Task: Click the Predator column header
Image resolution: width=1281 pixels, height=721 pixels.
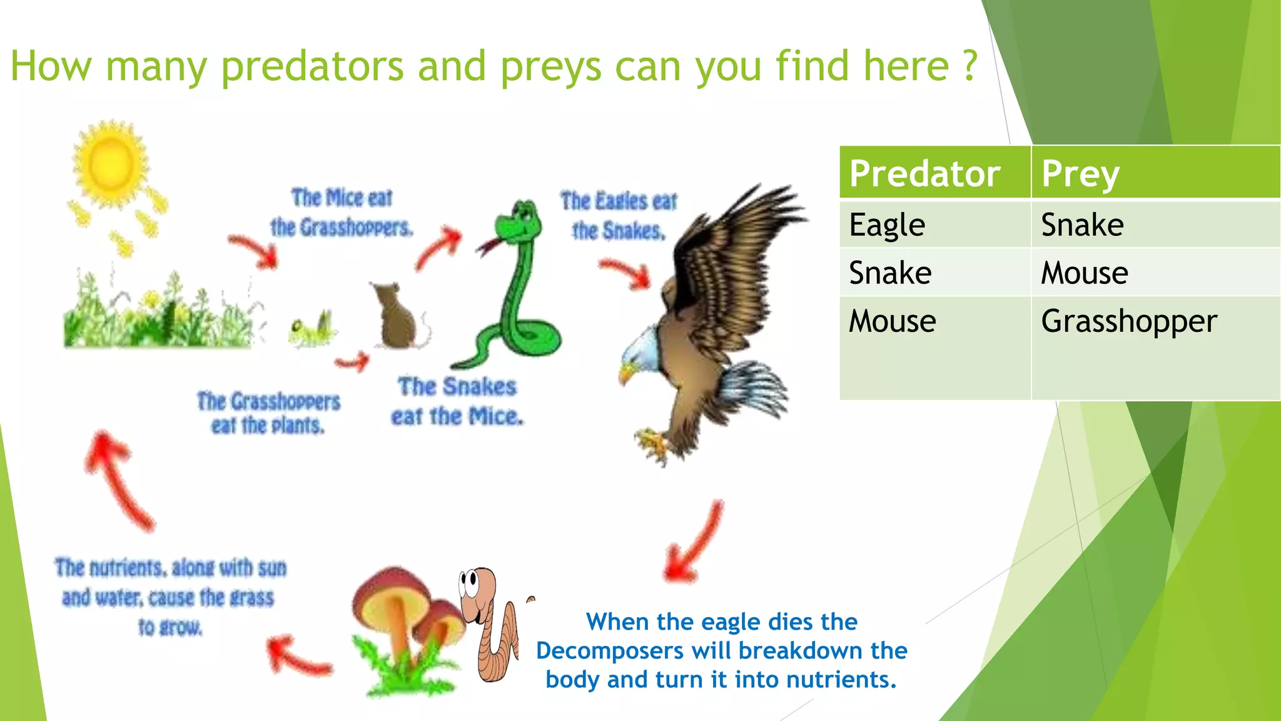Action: pos(924,173)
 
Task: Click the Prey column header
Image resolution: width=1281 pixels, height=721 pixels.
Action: pos(1080,173)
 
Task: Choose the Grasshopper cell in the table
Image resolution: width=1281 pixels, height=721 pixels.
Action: pos(1128,321)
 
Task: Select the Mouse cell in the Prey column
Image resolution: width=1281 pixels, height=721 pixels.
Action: pos(1084,273)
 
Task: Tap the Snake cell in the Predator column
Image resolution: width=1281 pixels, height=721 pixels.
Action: pos(890,273)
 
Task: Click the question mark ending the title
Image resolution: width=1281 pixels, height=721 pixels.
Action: pos(969,65)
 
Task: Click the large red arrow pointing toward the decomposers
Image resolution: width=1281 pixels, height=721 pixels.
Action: pos(694,545)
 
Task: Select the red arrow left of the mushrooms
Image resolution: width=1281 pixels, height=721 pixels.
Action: pos(297,657)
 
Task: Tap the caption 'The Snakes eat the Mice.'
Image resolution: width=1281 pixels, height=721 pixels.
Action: pos(457,401)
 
